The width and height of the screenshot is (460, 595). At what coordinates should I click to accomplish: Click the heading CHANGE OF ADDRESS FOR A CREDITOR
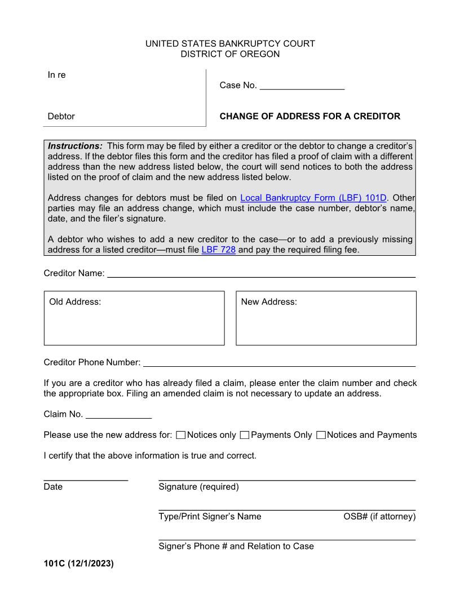(309, 117)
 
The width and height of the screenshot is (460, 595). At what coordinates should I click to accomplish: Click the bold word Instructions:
(75, 146)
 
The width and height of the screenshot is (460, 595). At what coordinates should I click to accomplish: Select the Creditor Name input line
(261, 274)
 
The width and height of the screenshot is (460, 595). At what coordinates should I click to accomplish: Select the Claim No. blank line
(118, 415)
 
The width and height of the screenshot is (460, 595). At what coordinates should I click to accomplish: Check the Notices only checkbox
(180, 435)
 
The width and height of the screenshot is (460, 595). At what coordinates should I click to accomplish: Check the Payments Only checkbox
(244, 435)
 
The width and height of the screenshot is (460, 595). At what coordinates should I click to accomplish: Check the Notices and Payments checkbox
(321, 435)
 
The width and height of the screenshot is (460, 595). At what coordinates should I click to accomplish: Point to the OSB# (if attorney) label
(379, 517)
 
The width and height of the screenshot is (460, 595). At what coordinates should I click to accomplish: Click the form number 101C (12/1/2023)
(78, 562)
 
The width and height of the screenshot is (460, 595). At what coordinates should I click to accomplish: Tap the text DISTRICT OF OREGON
(230, 54)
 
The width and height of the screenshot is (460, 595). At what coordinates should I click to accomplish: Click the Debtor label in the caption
(61, 117)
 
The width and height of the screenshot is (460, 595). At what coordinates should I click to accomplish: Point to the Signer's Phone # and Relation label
(236, 546)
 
